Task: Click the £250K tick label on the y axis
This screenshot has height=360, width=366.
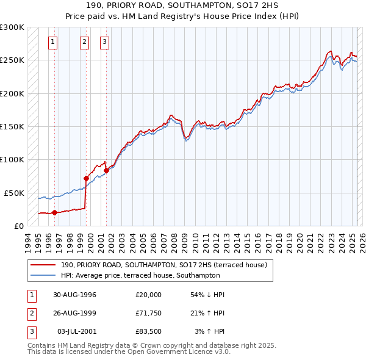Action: pyautogui.click(x=12, y=60)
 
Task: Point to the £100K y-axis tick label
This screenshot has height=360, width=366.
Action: pyautogui.click(x=12, y=159)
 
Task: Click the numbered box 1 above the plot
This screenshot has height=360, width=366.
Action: pyautogui.click(x=54, y=42)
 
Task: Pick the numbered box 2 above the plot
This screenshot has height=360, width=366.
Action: pyautogui.click(x=85, y=42)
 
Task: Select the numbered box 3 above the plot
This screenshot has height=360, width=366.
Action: pyautogui.click(x=105, y=42)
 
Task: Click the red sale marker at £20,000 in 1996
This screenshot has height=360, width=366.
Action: pyautogui.click(x=55, y=212)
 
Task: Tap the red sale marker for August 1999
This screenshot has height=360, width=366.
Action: pyautogui.click(x=86, y=178)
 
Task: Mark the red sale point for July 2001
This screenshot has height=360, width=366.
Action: pyautogui.click(x=106, y=170)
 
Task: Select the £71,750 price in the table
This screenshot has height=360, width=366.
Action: pyautogui.click(x=149, y=313)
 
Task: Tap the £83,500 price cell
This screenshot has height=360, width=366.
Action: pyautogui.click(x=149, y=331)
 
